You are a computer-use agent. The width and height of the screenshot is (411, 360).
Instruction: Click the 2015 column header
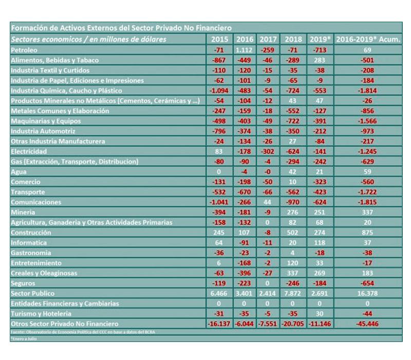[220, 40]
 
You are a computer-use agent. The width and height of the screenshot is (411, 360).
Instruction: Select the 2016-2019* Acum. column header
[368, 40]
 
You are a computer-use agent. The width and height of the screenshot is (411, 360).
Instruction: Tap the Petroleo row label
[24, 50]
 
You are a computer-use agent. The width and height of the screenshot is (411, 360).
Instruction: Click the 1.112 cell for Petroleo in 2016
[245, 50]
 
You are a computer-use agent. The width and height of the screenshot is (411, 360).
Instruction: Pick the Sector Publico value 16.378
[368, 293]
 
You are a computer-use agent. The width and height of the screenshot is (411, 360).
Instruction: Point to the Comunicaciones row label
[36, 202]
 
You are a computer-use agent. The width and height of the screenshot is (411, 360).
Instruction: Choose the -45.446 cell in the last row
[368, 323]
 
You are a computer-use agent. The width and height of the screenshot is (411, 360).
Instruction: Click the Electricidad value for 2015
[220, 151]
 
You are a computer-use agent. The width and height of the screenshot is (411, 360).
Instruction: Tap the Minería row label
[23, 212]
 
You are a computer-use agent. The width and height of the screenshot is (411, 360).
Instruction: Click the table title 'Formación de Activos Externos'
[121, 28]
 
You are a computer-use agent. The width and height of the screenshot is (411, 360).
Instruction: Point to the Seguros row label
[23, 283]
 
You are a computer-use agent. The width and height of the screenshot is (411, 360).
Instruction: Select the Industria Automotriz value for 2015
[220, 131]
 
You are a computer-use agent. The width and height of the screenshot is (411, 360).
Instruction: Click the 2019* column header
[320, 40]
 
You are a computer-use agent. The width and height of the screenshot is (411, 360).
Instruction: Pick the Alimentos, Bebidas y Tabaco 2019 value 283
[320, 60]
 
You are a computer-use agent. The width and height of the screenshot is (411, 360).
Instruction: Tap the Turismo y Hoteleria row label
[41, 313]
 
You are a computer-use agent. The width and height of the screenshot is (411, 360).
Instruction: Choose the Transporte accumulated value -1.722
[368, 192]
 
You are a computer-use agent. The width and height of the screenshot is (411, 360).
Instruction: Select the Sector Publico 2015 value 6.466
[220, 293]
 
